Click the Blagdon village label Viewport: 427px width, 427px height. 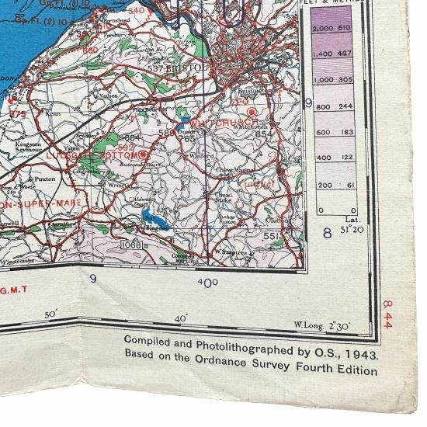point(157,230)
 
